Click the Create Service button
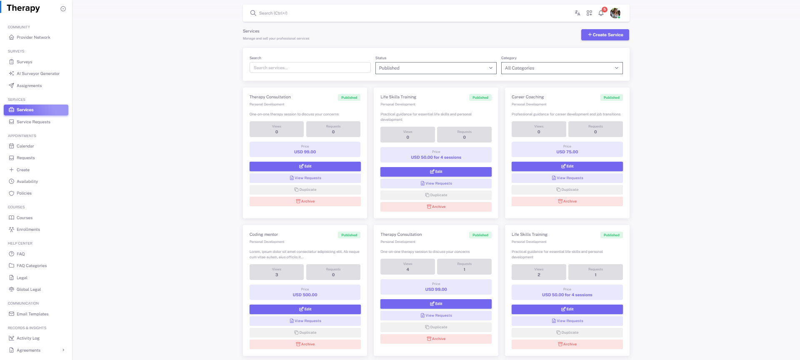click(605, 35)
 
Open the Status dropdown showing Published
click(435, 68)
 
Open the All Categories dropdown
click(561, 68)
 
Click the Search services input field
click(310, 68)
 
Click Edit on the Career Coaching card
click(567, 166)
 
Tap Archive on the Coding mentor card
click(305, 344)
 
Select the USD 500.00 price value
click(305, 295)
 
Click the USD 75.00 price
click(567, 152)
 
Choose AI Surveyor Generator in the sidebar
click(38, 74)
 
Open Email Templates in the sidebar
click(32, 314)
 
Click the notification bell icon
click(601, 13)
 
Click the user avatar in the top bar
click(615, 13)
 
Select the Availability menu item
click(27, 182)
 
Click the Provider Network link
click(33, 37)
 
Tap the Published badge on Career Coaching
click(611, 97)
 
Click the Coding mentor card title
click(264, 235)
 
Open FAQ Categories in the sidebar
click(32, 266)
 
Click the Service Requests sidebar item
click(33, 122)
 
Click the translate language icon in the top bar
click(577, 13)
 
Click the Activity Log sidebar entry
click(28, 338)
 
